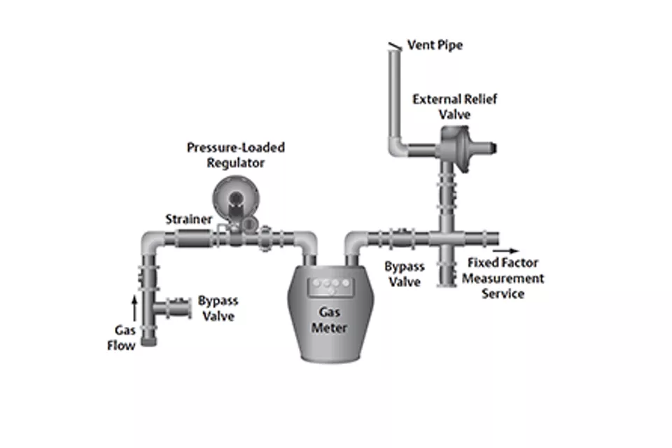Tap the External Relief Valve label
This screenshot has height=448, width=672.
pyautogui.click(x=454, y=106)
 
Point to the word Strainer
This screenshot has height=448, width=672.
pyautogui.click(x=188, y=219)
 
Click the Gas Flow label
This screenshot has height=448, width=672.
pyautogui.click(x=121, y=337)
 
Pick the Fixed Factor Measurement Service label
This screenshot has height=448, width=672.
pyautogui.click(x=502, y=279)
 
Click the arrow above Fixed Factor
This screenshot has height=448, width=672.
pyautogui.click(x=506, y=249)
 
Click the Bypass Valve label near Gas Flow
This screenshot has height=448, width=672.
pyautogui.click(x=218, y=309)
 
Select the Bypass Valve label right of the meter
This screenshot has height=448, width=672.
pyautogui.click(x=404, y=274)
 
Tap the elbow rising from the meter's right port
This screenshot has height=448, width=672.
pyautogui.click(x=353, y=245)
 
